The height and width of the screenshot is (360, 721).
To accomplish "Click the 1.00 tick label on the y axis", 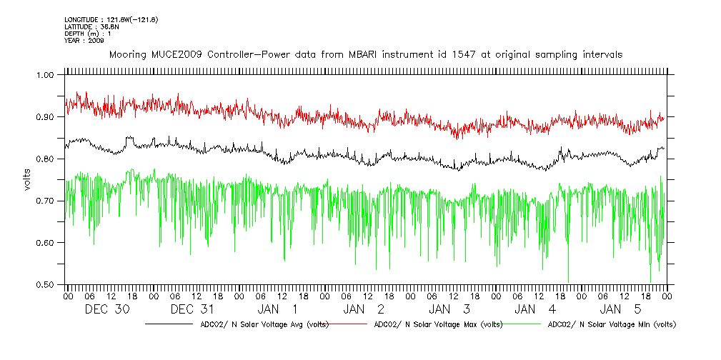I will pyautogui.click(x=44, y=75).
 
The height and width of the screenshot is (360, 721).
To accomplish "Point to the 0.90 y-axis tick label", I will pyautogui.click(x=44, y=117).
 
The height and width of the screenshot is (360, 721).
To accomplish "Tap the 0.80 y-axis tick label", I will pyautogui.click(x=44, y=159).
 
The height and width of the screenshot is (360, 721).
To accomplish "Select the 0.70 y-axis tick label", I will pyautogui.click(x=44, y=201).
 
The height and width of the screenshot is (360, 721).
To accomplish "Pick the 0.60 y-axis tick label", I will pyautogui.click(x=44, y=243).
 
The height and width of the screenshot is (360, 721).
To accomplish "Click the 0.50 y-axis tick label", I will pyautogui.click(x=44, y=285).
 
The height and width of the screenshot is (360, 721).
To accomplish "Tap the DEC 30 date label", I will pyautogui.click(x=107, y=309).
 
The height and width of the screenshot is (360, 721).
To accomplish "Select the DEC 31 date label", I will pyautogui.click(x=193, y=309).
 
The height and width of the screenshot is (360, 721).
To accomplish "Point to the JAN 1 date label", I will pyautogui.click(x=279, y=309).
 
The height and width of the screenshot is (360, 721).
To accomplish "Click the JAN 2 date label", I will pyautogui.click(x=364, y=309).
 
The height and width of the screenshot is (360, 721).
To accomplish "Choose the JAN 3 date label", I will pyautogui.click(x=450, y=309).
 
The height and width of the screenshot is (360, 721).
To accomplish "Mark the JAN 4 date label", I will pyautogui.click(x=536, y=309).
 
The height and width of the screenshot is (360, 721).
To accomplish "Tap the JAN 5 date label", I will pyautogui.click(x=622, y=309).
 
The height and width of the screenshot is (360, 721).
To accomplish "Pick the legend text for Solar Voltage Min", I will pyautogui.click(x=611, y=324).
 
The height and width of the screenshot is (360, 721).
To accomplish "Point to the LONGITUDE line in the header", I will pyautogui.click(x=111, y=19).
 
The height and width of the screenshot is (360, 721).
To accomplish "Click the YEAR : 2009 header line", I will pyautogui.click(x=84, y=41).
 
